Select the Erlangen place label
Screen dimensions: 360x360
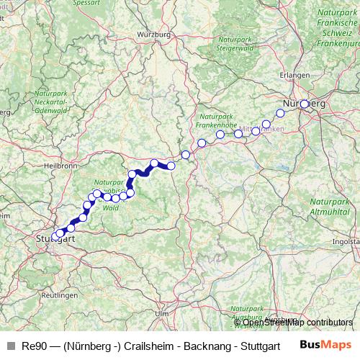point(297,75)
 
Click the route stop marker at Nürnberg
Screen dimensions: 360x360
point(305,104)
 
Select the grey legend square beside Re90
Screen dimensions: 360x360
point(10,345)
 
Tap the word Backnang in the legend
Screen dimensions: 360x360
point(214,345)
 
